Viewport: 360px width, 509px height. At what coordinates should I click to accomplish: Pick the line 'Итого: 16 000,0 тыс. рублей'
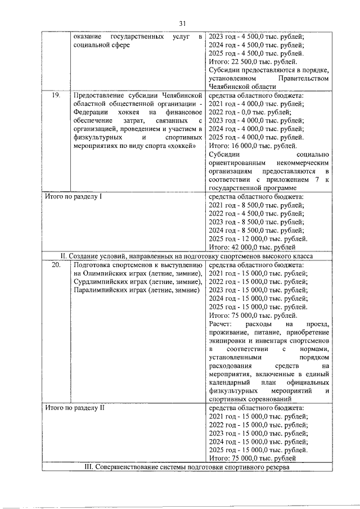coord(252,146)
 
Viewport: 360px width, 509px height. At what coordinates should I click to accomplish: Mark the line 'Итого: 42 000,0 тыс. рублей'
coord(252,247)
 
